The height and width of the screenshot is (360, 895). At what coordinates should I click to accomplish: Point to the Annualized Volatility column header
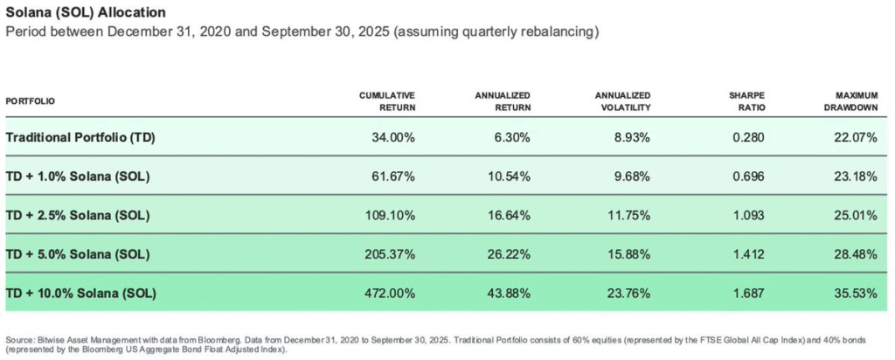point(622,100)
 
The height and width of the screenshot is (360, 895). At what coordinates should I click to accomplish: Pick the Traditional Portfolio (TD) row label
point(80,138)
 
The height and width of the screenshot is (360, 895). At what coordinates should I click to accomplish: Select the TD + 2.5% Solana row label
point(78,216)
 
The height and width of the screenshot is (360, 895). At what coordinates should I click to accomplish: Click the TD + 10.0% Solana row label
point(80,294)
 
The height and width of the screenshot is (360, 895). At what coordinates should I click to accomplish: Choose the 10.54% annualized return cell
point(509,177)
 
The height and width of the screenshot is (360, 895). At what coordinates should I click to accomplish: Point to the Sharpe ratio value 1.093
point(745,216)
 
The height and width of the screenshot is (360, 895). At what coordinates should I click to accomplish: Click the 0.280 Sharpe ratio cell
point(745,138)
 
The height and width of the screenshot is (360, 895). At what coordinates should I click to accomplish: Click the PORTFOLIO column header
point(31,101)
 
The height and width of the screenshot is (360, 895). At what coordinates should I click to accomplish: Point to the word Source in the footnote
point(18,338)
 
